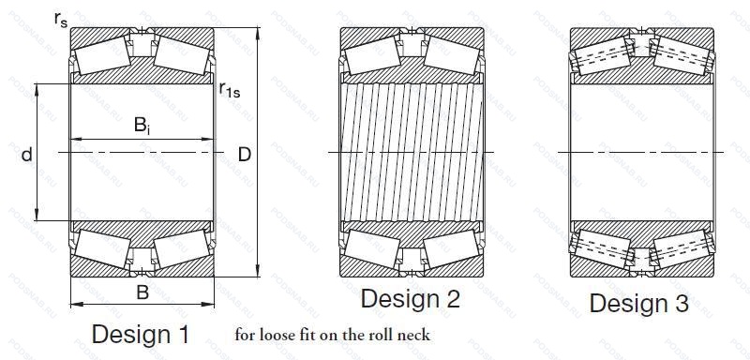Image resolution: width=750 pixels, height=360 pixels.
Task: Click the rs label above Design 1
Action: [61, 20]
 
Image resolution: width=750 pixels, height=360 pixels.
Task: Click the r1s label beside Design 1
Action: [230, 89]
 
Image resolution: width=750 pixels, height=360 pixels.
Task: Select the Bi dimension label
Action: [142, 126]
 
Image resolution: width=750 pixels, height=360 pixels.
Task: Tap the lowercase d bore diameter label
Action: [27, 155]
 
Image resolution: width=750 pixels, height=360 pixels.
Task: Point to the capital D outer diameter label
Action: [245, 155]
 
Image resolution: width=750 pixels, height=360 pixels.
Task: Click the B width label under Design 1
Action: [142, 292]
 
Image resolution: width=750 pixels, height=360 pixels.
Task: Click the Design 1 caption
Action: [140, 334]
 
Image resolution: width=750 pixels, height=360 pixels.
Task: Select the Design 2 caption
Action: [410, 299]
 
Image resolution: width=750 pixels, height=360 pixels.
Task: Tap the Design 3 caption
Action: [638, 303]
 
